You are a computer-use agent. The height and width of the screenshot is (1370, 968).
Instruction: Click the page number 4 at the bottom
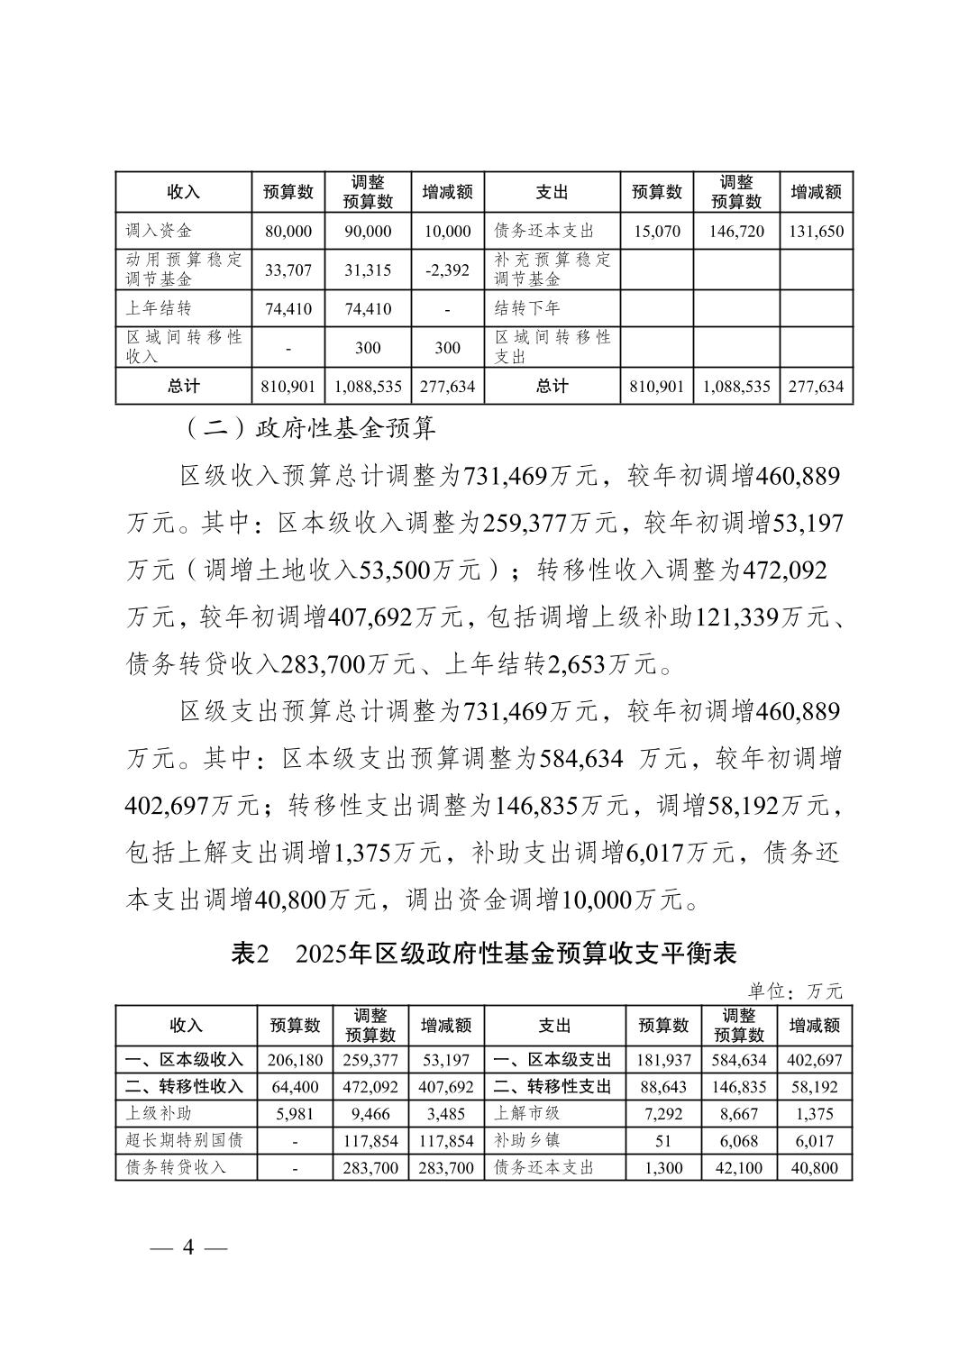188,1247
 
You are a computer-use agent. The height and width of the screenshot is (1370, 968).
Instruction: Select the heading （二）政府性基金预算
310,427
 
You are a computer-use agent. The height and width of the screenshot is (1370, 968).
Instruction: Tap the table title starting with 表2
484,954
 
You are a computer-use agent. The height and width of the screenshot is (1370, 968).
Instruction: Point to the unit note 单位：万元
794,991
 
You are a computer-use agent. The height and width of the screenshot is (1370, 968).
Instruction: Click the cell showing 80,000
288,232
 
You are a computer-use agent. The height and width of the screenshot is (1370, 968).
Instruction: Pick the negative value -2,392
447,269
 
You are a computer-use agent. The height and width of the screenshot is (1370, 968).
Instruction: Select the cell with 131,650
816,232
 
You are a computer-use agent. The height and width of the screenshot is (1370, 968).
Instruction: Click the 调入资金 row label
160,232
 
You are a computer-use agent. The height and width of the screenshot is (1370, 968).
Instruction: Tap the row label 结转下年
527,308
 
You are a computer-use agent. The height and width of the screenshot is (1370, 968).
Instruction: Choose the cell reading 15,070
657,232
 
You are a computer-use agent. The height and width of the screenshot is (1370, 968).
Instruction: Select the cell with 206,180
295,1060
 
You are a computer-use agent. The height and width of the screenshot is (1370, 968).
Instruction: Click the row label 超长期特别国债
185,1140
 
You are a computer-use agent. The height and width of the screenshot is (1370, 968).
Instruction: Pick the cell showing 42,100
738,1167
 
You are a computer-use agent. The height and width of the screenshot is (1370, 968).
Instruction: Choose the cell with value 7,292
662,1114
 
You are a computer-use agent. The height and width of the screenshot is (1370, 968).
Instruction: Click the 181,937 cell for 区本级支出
662,1060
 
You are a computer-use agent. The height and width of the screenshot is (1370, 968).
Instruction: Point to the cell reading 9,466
370,1114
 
